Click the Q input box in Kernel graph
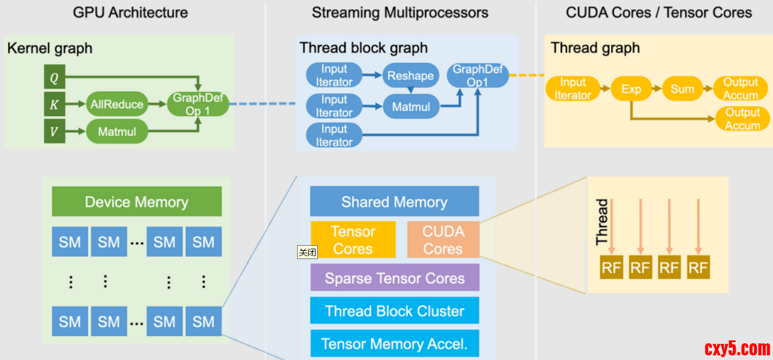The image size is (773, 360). (x=54, y=77)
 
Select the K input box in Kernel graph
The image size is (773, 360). (x=54, y=104)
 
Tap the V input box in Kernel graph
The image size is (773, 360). (x=54, y=132)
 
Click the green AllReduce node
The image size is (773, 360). (x=117, y=104)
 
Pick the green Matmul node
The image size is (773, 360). (x=117, y=132)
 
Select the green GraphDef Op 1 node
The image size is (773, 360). (x=198, y=104)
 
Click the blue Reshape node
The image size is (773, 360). (x=410, y=76)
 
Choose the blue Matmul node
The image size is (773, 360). (x=411, y=107)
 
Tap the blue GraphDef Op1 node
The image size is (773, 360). (x=478, y=76)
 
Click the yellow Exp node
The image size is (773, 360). (x=631, y=89)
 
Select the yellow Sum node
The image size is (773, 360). (x=682, y=89)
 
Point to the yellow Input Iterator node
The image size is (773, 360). (x=573, y=89)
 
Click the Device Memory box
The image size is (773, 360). (x=137, y=201)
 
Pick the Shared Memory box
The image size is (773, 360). (x=395, y=201)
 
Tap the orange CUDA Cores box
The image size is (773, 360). (x=443, y=239)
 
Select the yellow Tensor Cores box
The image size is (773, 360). (x=353, y=239)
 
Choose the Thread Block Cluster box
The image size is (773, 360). (x=395, y=311)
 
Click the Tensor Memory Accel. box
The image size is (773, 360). (x=395, y=344)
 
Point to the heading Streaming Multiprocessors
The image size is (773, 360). (x=400, y=13)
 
